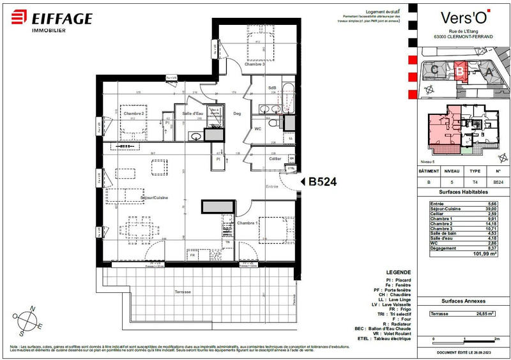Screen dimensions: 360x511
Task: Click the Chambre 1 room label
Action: [248, 223]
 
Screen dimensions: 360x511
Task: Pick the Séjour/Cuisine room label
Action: [155, 198]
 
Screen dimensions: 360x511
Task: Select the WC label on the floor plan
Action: [258, 128]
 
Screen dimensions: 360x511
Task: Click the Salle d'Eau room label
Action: [192, 114]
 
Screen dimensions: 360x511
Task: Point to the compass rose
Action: [31, 321]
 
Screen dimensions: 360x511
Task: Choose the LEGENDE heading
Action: [390, 271]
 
